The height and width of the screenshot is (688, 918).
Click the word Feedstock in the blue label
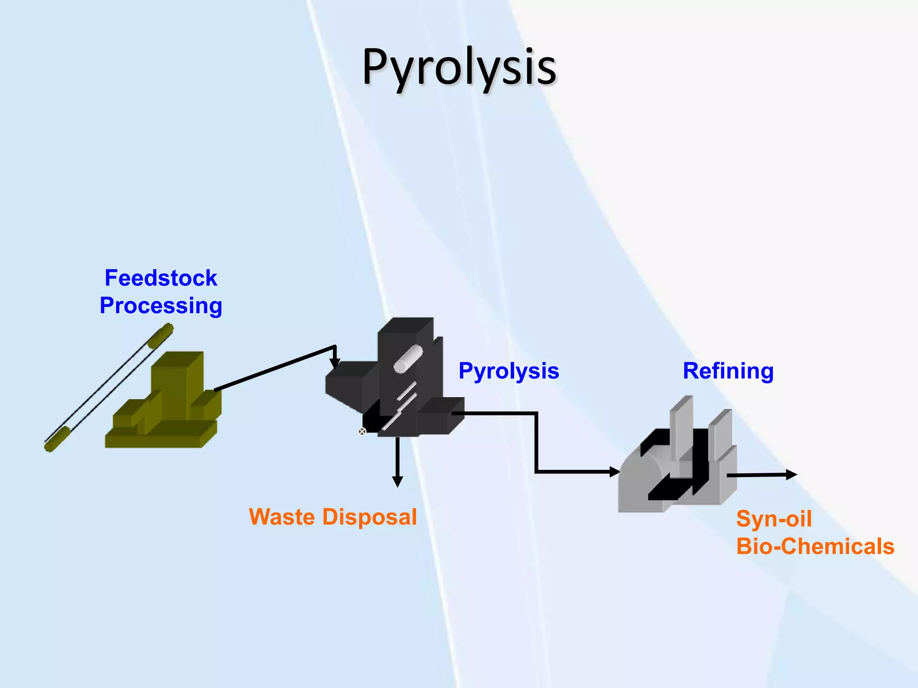pos(160,278)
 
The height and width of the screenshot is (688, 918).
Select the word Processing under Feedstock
pos(160,306)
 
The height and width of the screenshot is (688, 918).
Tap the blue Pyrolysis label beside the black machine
pos(509,371)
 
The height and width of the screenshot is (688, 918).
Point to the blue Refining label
pos(728,371)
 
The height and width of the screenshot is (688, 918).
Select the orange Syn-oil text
pos(774,519)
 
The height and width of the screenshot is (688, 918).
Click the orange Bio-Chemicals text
pos(815,546)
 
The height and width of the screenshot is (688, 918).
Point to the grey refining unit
pos(677,466)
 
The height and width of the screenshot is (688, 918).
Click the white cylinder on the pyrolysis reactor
pos(408,358)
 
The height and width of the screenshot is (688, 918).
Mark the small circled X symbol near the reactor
pos(362,431)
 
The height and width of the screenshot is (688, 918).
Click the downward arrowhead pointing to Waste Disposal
pos(397,482)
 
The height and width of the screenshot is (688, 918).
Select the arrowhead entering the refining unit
pos(615,472)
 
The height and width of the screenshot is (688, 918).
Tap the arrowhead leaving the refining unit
pos(792,474)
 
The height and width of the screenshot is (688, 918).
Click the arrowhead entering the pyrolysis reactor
pos(335,364)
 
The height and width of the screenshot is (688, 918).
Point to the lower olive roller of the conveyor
pos(57,439)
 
